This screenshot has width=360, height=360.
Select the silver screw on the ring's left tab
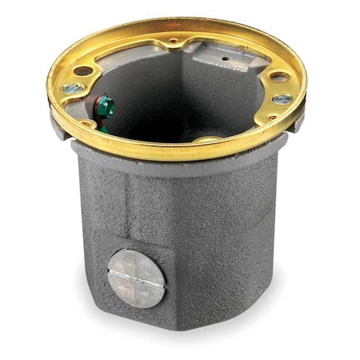[x=73, y=90]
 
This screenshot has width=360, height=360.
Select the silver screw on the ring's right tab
[x=282, y=99]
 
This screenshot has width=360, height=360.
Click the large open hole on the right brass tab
[x=278, y=78]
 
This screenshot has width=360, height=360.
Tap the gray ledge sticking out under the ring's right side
[x=297, y=122]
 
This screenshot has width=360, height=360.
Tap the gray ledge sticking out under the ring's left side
[x=56, y=120]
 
